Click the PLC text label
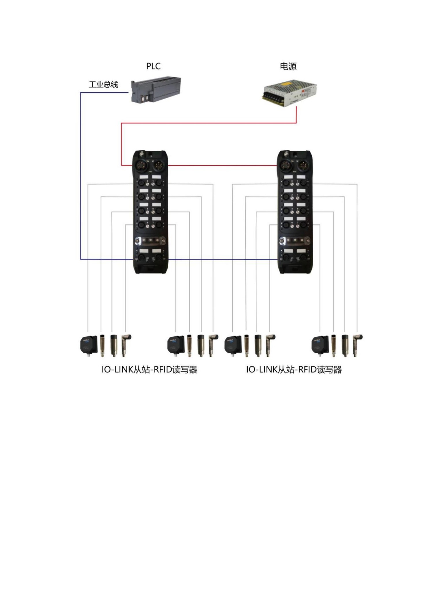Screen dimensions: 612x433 click(153, 66)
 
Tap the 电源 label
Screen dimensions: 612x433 click(288, 66)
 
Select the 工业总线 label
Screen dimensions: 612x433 click(103, 85)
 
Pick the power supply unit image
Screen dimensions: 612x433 click(289, 93)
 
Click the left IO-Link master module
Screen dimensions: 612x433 click(150, 212)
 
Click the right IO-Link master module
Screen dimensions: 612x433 click(295, 212)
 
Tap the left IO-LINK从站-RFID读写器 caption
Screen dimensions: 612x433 click(149, 370)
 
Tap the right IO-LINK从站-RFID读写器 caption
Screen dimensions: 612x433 click(294, 370)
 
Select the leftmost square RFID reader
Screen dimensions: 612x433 click(89, 345)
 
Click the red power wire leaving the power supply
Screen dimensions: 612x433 click(296, 115)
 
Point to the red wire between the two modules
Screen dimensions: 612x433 click(222, 166)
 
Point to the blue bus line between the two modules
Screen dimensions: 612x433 click(222, 259)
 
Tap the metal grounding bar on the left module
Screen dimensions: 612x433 click(150, 240)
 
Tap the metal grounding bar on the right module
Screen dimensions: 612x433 click(295, 240)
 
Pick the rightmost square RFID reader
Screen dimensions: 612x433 click(320, 345)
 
